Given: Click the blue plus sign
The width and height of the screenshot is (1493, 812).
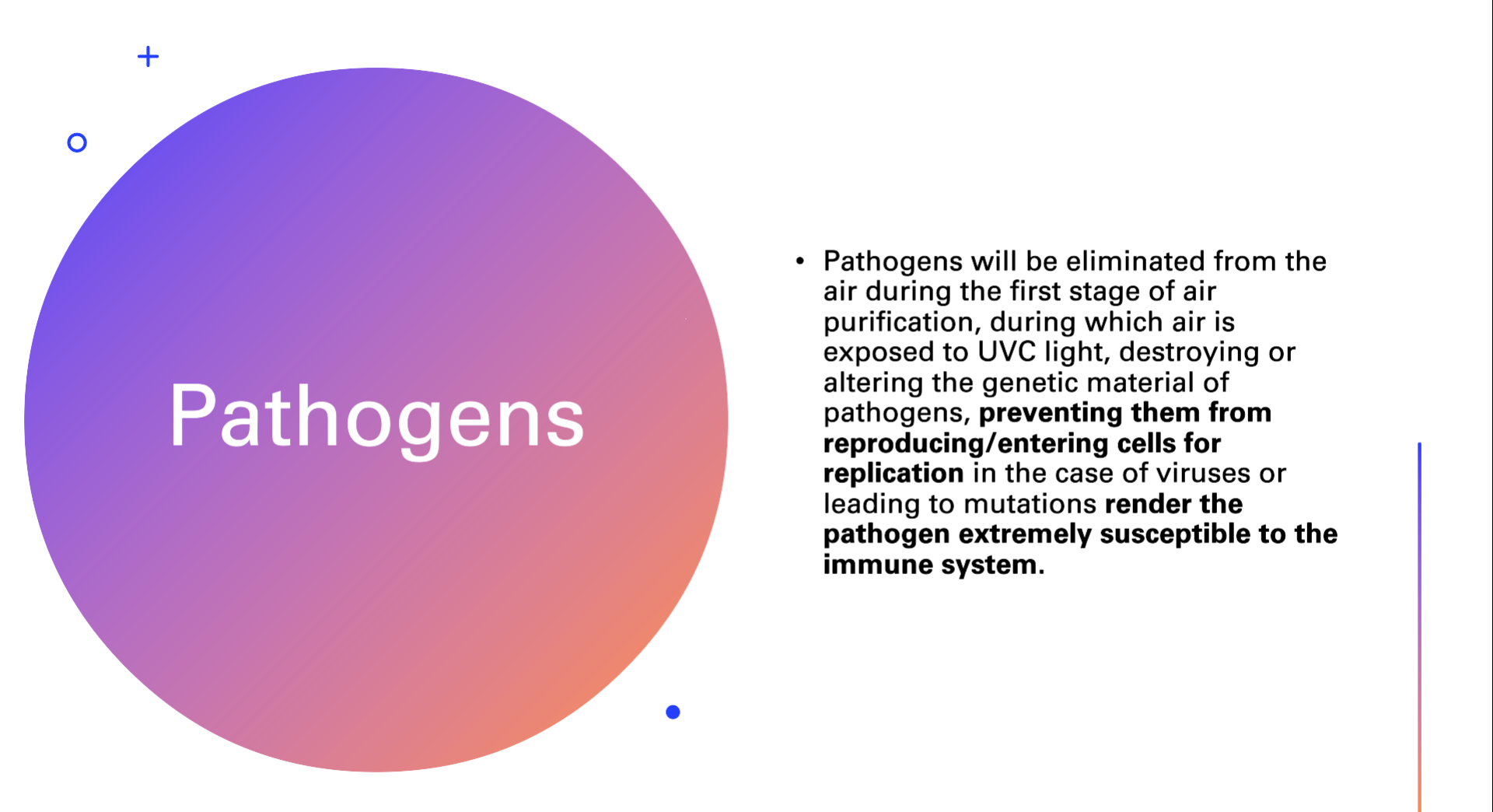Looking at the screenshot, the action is [148, 57].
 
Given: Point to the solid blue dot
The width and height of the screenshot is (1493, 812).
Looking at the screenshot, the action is [673, 712].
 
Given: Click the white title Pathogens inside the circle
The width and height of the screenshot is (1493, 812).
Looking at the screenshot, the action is [376, 417].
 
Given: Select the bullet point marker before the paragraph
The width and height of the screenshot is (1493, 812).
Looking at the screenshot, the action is [800, 261].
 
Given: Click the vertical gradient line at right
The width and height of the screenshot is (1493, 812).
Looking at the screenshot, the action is [1419, 627].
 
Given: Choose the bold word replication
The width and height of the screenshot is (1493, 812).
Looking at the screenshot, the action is [893, 474].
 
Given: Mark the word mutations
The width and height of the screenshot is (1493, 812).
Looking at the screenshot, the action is [1030, 504].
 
